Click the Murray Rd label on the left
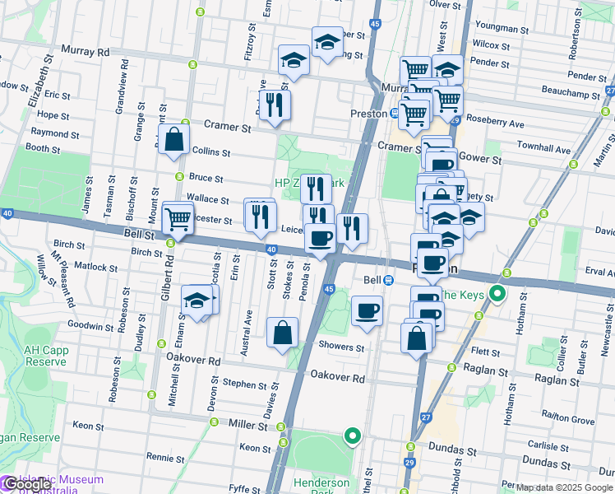91,52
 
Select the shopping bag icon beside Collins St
174,141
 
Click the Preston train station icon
395,114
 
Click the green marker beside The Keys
497,294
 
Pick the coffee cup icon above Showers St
367,311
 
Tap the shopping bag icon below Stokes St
282,333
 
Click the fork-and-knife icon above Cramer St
275,105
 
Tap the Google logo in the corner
26,485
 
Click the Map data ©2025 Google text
565,487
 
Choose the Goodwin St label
90,326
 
